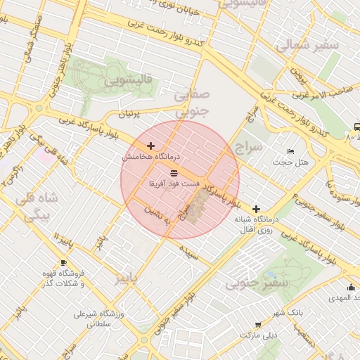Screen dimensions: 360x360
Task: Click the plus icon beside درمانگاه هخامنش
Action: pos(150,146)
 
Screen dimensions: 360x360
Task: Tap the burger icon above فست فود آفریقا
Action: pos(174,172)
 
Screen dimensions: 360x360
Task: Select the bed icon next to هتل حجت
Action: pos(291,152)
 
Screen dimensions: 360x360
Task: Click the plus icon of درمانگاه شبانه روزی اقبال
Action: pos(256,209)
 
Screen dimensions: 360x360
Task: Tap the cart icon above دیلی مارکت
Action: pos(258,324)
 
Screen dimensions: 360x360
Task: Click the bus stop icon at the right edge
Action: pos(356,127)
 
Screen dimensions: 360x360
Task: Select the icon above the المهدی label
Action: pos(351,287)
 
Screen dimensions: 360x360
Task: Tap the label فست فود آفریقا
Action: pos(174,183)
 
